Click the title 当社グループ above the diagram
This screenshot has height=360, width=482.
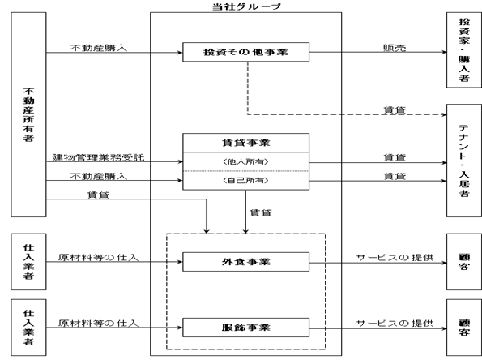tap(246, 6)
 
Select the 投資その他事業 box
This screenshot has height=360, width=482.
tap(246, 52)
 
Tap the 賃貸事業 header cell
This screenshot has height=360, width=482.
tap(246, 143)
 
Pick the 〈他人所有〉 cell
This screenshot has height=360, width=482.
tap(246, 161)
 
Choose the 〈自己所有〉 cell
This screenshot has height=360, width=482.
tap(246, 180)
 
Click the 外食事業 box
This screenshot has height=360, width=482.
tap(246, 262)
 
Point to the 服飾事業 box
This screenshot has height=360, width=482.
tap(246, 328)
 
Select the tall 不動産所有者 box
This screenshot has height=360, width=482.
tap(28, 114)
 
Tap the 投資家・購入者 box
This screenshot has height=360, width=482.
tap(464, 49)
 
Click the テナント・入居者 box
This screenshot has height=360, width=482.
tap(464, 161)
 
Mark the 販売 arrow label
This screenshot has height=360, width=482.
tap(395, 48)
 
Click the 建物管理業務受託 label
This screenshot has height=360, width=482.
tap(98, 157)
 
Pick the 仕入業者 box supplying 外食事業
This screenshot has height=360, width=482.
tap(28, 262)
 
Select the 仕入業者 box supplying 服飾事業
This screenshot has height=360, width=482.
tap(28, 328)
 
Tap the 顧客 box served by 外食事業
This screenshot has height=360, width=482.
tap(464, 262)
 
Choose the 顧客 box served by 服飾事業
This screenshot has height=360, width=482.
tap(464, 328)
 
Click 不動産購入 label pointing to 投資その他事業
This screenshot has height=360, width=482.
tap(98, 48)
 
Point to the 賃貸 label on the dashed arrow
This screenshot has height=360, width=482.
tap(395, 109)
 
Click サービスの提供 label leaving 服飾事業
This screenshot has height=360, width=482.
tap(395, 323)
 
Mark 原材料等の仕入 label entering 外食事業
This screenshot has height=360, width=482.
tap(98, 257)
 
